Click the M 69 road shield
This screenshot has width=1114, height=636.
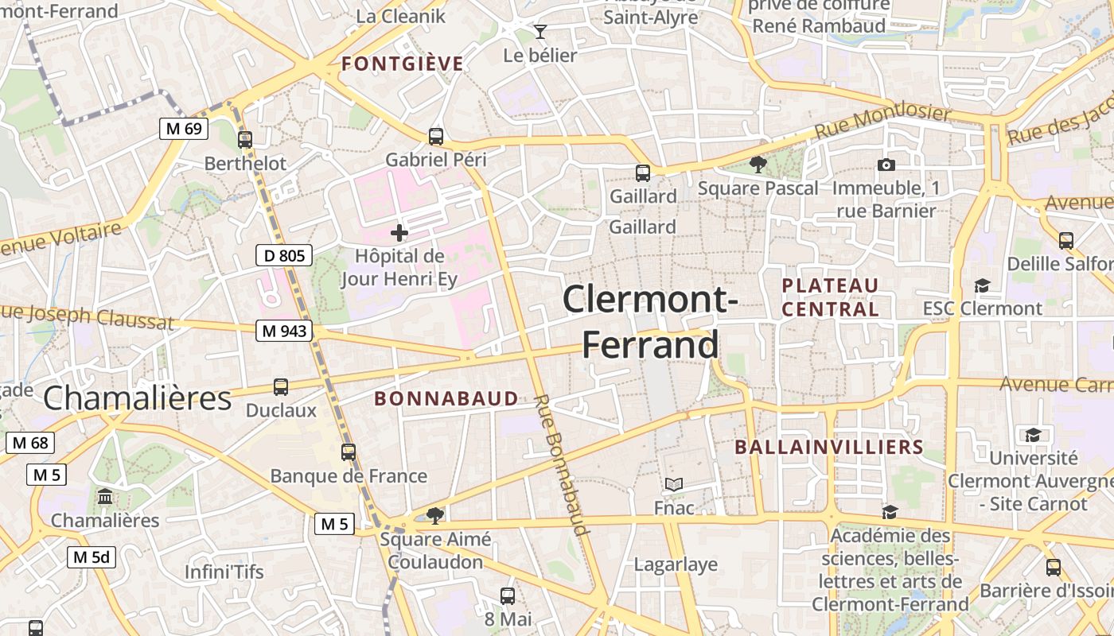coord(184,128)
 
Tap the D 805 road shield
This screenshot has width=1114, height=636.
coord(283,255)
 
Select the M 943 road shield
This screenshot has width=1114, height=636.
coord(283,331)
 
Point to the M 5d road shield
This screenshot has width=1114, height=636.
coord(91,556)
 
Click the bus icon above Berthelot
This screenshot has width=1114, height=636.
coord(245,139)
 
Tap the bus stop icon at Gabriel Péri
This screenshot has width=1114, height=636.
coord(435,136)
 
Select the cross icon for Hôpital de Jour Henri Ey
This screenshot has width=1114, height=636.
coord(399,233)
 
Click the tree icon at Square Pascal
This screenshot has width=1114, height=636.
coord(758,165)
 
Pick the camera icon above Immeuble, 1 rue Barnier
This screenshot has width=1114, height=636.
coord(886,165)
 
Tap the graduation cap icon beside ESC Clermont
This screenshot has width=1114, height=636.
coord(983,285)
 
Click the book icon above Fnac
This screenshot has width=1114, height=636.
coord(674,484)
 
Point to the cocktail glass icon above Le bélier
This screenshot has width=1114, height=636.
coord(540,32)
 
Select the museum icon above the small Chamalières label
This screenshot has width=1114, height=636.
coord(104,497)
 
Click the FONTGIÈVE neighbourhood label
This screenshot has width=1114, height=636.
coord(402,64)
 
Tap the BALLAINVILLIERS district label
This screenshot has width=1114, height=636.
coord(828,447)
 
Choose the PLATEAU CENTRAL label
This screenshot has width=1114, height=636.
coord(830,297)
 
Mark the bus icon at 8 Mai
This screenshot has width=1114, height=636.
coord(508,595)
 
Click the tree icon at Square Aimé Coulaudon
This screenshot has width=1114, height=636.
coord(434,515)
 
